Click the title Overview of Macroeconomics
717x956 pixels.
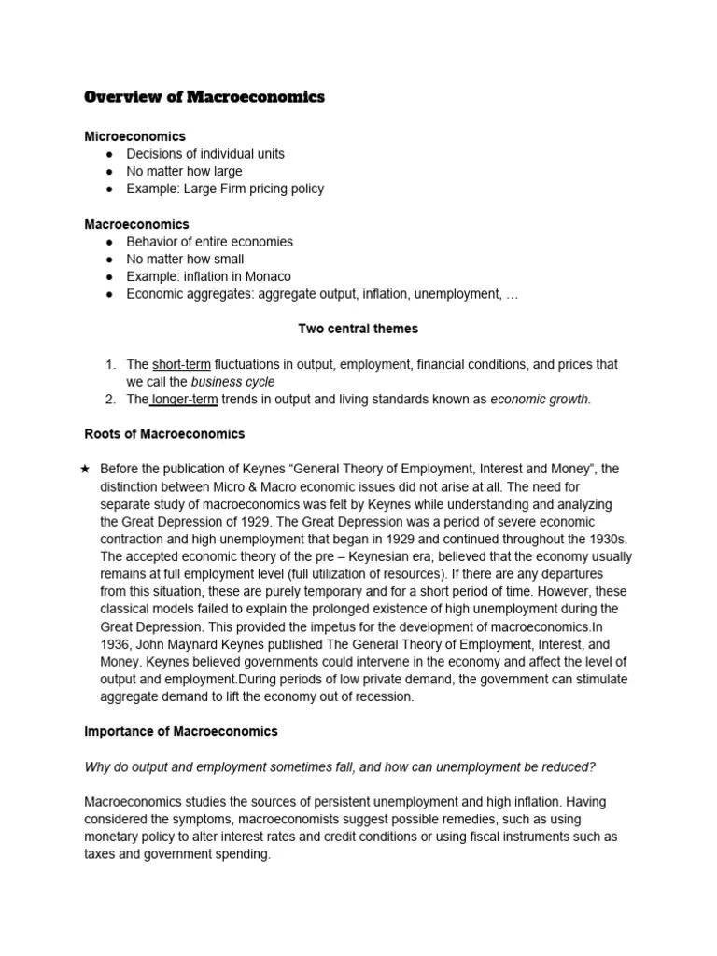(x=204, y=97)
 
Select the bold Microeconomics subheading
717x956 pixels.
(x=135, y=136)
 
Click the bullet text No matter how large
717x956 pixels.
(x=184, y=171)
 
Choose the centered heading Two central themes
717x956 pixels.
(x=358, y=329)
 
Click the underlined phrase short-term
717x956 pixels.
(x=181, y=364)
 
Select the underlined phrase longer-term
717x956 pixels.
(x=185, y=400)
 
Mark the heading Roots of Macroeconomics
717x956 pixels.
(x=164, y=434)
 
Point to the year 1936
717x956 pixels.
(x=116, y=643)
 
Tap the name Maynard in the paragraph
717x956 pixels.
(x=214, y=643)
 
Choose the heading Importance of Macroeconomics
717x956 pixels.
(x=181, y=731)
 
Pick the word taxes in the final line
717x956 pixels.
(x=102, y=853)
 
